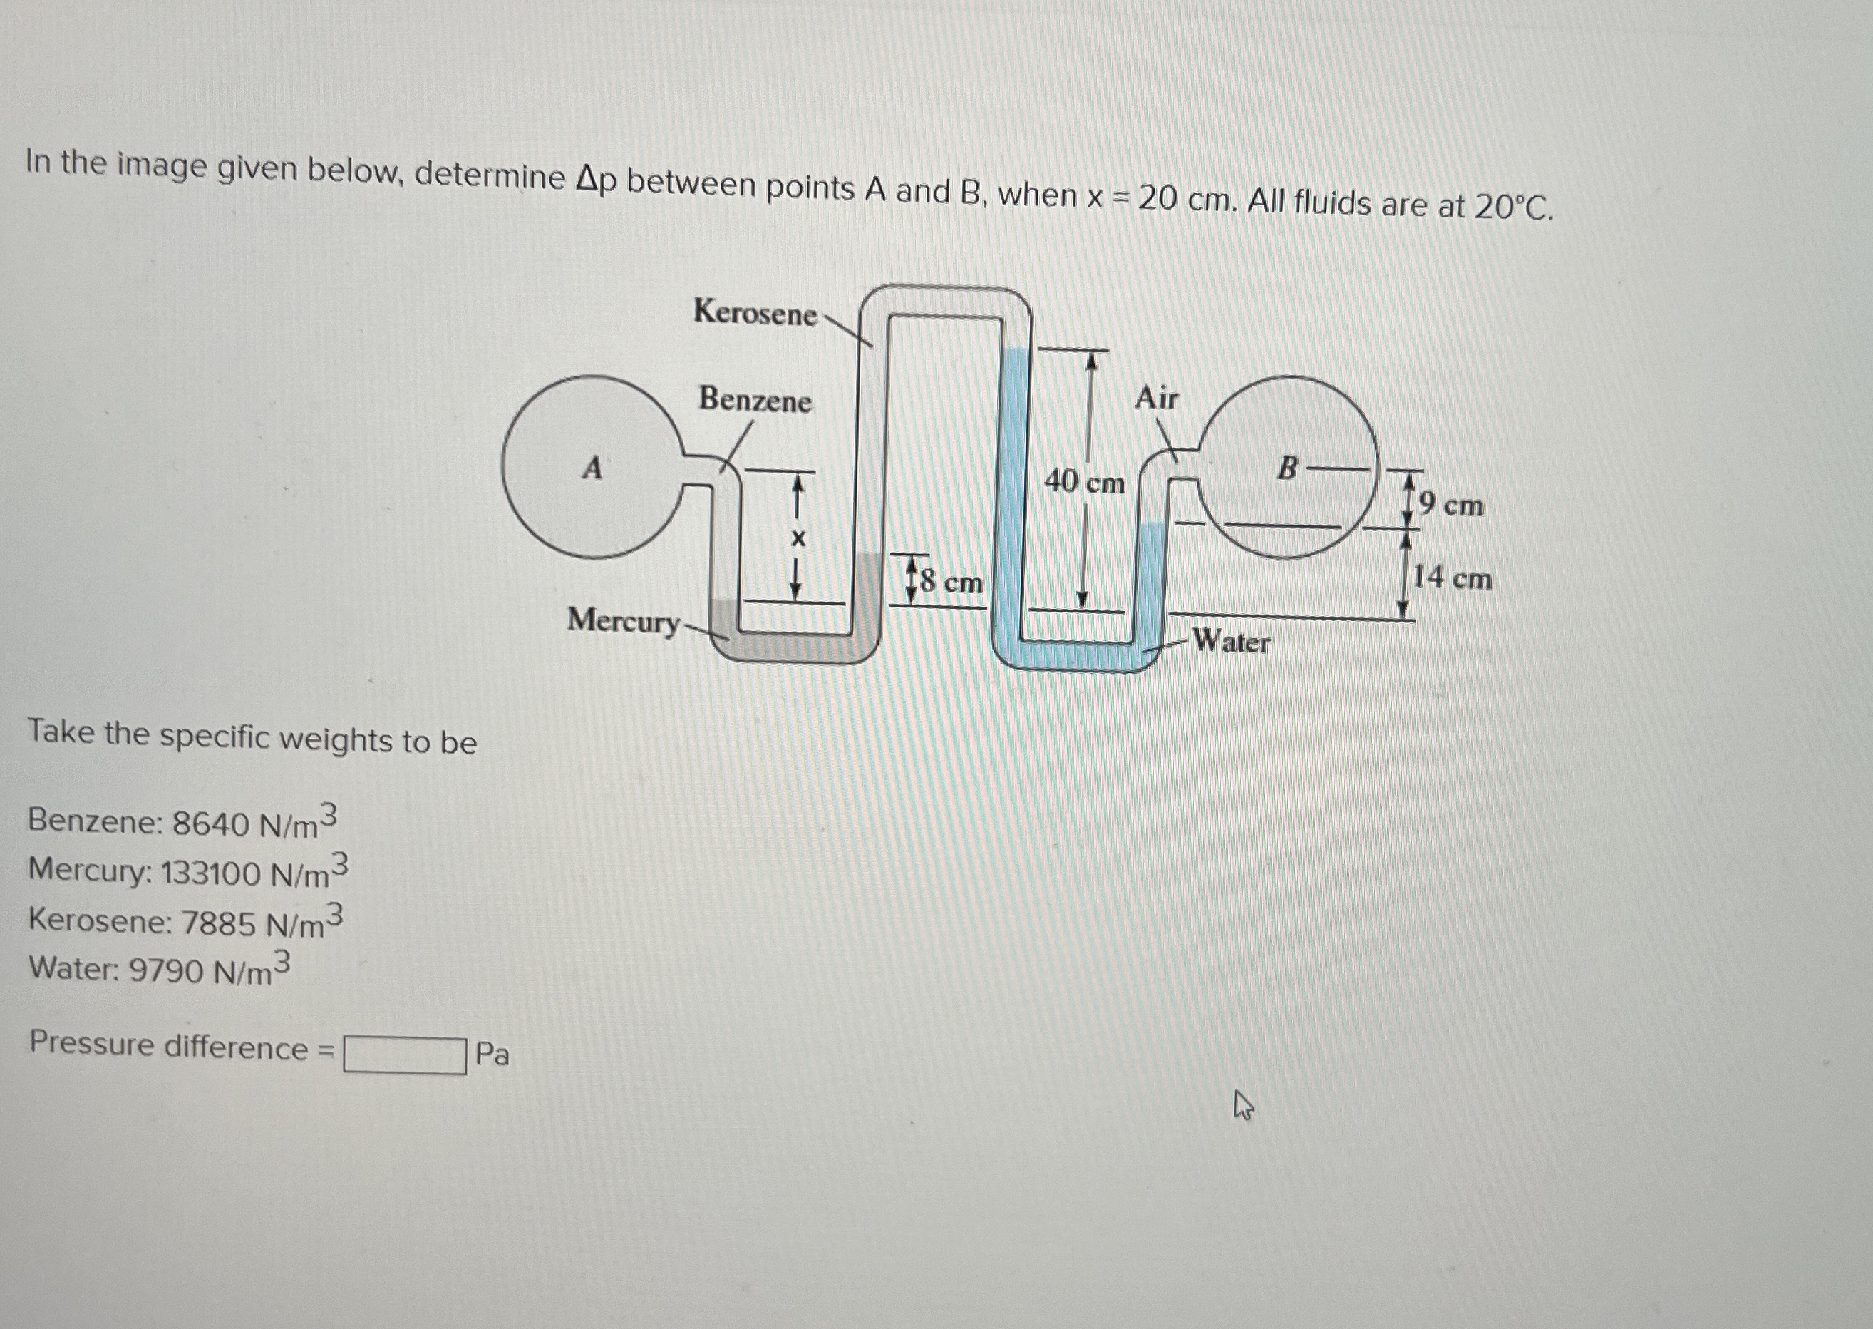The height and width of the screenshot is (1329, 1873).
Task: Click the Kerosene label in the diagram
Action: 754,312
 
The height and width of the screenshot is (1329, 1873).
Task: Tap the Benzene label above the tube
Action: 754,400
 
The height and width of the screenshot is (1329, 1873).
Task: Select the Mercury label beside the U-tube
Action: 623,621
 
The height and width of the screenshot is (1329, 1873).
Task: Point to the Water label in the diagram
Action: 1231,642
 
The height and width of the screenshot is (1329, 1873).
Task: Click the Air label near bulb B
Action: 1156,399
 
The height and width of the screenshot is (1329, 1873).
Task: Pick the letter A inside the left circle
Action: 592,469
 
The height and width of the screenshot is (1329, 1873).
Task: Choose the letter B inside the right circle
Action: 1287,469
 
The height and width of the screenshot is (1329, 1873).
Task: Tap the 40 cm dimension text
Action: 1084,483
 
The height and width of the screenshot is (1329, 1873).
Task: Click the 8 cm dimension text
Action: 951,582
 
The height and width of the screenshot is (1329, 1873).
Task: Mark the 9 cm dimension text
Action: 1451,505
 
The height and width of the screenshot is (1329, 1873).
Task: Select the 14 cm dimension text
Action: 1452,578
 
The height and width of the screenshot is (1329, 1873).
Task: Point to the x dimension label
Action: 798,538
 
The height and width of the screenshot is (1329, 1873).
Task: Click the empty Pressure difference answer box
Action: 405,1055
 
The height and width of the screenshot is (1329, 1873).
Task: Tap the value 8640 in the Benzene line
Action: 210,823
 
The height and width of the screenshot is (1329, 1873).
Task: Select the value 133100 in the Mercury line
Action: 210,873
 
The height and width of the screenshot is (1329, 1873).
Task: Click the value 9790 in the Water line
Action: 166,970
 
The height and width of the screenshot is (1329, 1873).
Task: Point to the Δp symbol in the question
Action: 594,181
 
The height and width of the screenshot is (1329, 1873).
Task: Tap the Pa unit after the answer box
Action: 492,1054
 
